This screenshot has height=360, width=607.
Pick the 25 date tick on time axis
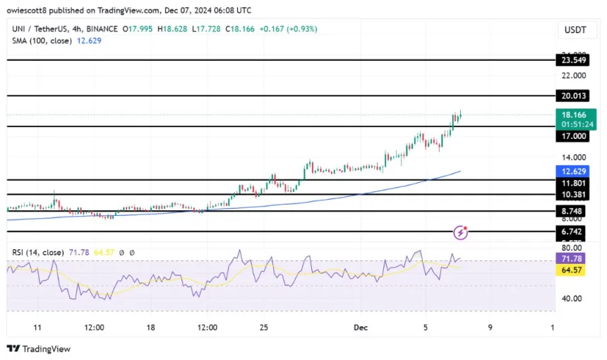(263, 328)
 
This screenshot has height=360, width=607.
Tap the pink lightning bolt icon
(461, 232)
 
